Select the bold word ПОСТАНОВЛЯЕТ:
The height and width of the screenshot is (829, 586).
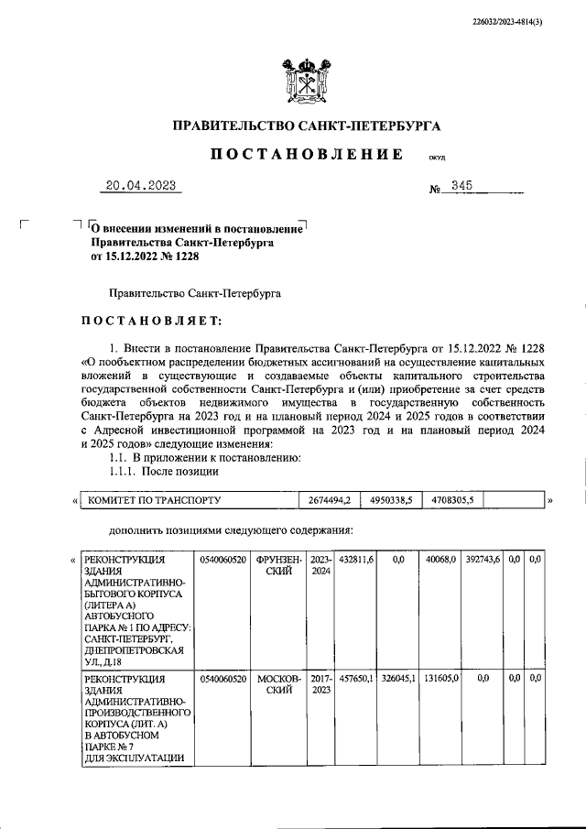coord(151,321)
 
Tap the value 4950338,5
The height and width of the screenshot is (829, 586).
coord(391,500)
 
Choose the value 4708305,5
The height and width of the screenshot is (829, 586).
coord(452,500)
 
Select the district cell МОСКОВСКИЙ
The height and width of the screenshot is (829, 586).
coord(278,684)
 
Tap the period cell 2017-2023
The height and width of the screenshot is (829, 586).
coord(320,684)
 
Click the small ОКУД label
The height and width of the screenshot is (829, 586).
coord(437,158)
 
